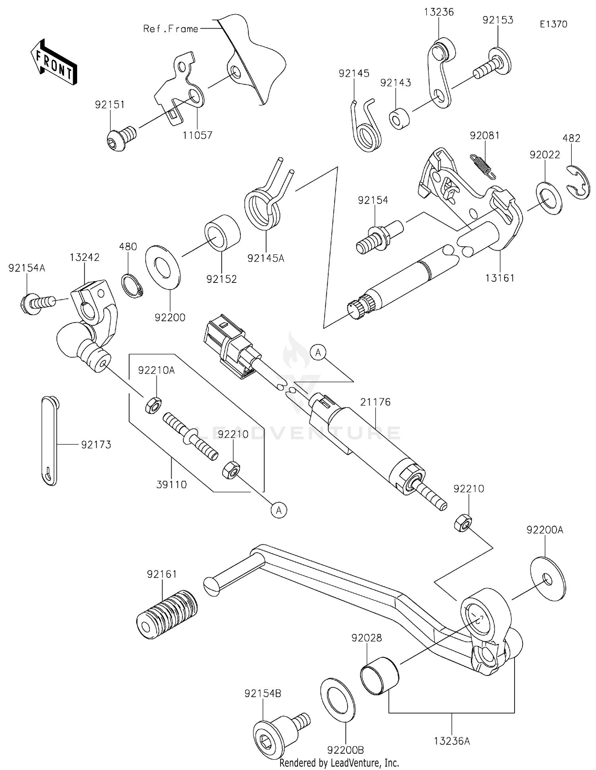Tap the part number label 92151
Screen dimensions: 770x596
(110, 104)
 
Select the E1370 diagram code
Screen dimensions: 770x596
(553, 24)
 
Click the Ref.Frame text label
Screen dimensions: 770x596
(170, 29)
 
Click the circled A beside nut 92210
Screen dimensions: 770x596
(279, 509)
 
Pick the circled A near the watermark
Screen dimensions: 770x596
(318, 352)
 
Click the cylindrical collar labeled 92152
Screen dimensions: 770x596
(222, 232)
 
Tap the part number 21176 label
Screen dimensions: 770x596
(375, 402)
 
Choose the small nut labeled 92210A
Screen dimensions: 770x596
(153, 405)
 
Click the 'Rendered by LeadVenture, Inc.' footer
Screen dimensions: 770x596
(339, 762)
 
